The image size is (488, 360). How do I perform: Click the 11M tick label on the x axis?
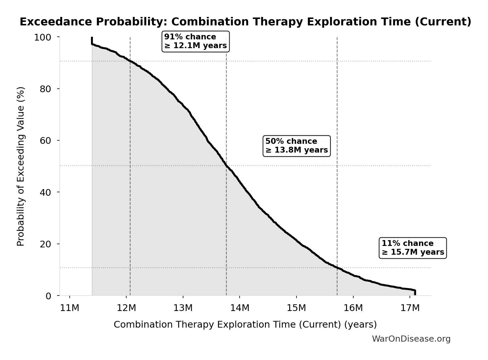70,308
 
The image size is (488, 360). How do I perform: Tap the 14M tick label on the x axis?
240,308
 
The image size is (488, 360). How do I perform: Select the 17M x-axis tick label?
410,308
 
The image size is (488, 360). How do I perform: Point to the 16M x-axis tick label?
353,308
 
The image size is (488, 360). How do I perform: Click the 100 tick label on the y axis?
43,37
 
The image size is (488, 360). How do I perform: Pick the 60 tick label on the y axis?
45,141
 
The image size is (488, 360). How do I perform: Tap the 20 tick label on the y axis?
45,244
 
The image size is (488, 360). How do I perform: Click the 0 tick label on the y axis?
48,296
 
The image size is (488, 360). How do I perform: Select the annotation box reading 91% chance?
196,41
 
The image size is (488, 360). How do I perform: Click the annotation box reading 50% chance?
296,146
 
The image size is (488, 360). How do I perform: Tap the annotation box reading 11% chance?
412,248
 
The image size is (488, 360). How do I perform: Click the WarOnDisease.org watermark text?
411,339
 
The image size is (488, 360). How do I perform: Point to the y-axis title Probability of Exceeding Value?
21,166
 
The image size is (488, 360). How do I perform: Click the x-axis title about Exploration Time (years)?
245,324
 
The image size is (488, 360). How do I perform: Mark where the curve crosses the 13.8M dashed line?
226,166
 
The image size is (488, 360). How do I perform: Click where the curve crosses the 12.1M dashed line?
130,61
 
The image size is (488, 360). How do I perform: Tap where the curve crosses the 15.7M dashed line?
337,267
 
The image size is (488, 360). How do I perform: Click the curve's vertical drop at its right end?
415,293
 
